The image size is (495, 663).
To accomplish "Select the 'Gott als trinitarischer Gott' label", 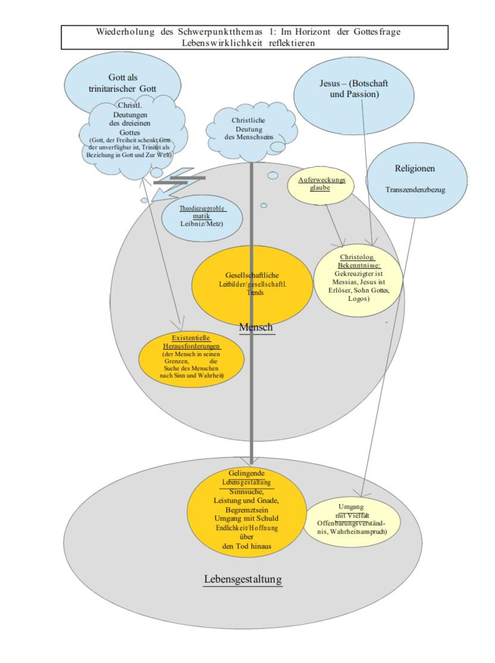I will tap(123, 83).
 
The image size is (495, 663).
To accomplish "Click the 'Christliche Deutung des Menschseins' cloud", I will tap(249, 129).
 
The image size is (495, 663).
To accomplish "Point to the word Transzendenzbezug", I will tap(415, 190).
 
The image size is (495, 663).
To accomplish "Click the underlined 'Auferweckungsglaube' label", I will tap(321, 184).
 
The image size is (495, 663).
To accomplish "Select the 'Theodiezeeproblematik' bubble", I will tap(202, 217).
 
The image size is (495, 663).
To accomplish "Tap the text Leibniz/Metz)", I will tap(202, 224).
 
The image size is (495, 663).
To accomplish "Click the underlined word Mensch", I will tap(256, 327).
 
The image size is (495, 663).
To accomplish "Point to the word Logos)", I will tap(359, 298).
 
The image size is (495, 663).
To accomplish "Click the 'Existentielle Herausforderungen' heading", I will tap(191, 342).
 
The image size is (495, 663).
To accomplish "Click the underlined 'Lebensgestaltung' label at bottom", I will tap(243, 580).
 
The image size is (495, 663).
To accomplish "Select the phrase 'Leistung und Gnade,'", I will tap(246, 501).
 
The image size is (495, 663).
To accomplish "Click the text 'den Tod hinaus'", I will tap(246, 546).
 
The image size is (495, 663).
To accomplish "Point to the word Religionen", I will tap(415, 169).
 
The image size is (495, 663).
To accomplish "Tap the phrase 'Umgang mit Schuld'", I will tap(246, 519).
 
